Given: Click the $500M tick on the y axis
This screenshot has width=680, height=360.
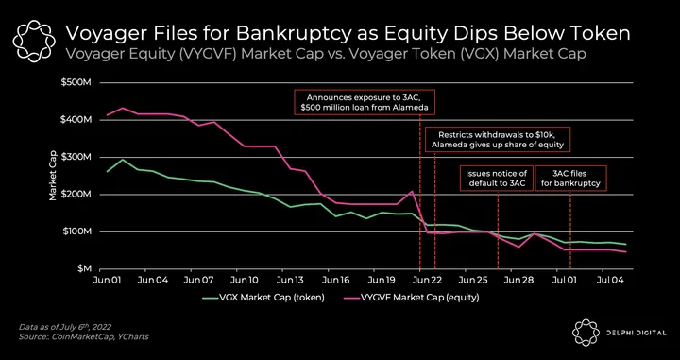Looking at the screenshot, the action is point(78,82).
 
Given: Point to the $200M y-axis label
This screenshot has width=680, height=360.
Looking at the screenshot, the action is point(78,195).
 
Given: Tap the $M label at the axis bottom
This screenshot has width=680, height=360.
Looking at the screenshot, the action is point(84,269).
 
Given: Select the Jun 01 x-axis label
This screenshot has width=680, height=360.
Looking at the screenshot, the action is point(106,281).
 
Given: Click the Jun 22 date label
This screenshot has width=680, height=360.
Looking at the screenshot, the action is point(428,281).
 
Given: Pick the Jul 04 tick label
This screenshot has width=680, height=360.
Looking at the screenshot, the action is point(610,281).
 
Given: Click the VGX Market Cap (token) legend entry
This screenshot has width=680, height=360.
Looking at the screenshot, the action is point(263,298).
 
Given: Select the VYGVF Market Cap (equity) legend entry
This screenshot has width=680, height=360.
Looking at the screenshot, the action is point(411,298).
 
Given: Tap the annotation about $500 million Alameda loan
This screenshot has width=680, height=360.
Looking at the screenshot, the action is point(365,102).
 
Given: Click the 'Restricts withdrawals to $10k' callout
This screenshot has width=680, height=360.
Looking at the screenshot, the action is point(497,140).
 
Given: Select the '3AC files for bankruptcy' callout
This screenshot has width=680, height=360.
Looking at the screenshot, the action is point(570,179).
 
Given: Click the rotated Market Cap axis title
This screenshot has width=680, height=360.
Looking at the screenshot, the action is point(53,175).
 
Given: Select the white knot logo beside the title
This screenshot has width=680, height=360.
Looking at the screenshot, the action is point(34,41).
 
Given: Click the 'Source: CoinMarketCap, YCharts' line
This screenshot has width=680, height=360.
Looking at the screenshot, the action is point(83,337).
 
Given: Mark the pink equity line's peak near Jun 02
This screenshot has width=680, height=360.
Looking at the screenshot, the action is point(122,108).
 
